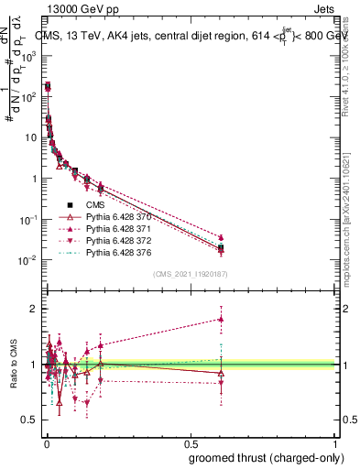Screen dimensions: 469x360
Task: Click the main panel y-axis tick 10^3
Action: [29, 56]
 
